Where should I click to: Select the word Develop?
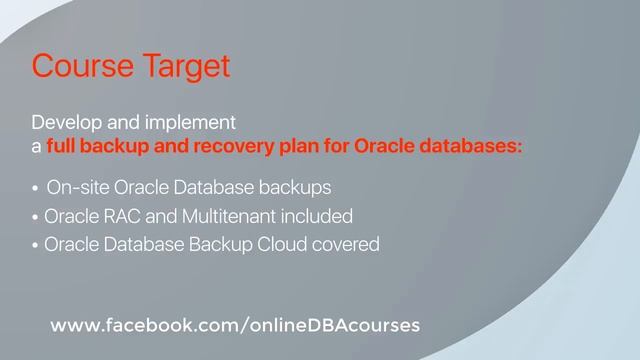pyautogui.click(x=64, y=123)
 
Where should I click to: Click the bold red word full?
pyautogui.click(x=62, y=146)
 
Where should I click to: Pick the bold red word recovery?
pyautogui.click(x=211, y=146)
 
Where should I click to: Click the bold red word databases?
pyautogui.click(x=468, y=146)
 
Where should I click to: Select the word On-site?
pyautogui.click(x=79, y=188)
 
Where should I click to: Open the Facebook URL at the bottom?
pyautogui.click(x=235, y=325)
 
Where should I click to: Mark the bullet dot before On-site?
pyautogui.click(x=36, y=189)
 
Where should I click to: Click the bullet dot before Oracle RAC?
pyautogui.click(x=36, y=217)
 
